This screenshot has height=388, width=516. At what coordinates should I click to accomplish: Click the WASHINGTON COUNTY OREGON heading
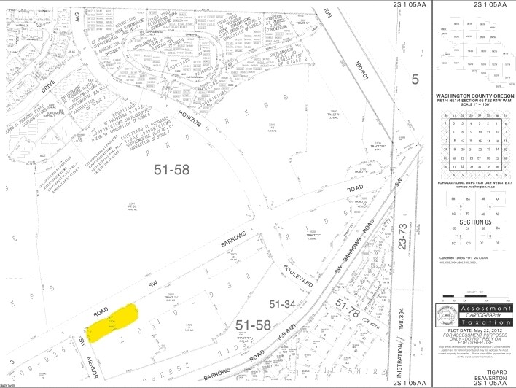point(474,96)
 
